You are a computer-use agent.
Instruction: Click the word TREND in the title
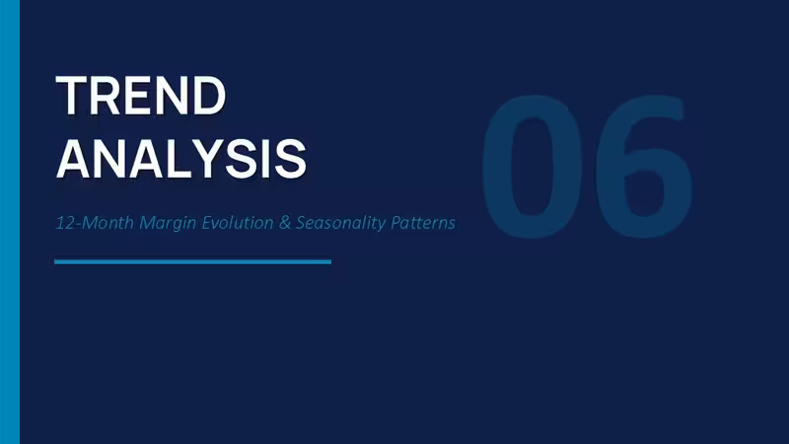point(141,95)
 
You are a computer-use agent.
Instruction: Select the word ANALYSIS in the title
point(181,159)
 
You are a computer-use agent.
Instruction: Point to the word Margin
point(168,224)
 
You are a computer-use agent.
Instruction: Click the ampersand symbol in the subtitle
point(285,223)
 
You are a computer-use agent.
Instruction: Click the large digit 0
point(532,166)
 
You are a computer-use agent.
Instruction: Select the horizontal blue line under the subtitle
point(192,261)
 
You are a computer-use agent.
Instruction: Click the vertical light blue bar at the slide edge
point(10,222)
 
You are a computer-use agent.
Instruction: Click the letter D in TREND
point(210,95)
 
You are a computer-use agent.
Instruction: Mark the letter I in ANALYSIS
point(264,159)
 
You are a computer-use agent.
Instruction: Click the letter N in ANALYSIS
point(111,159)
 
